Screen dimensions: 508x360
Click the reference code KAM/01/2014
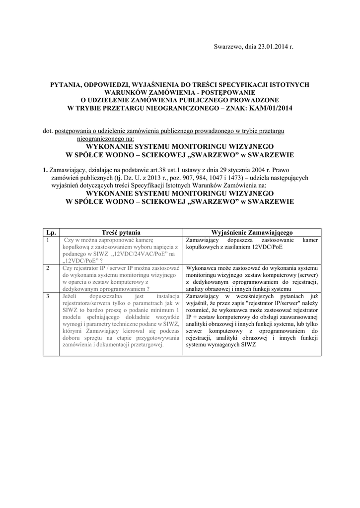pos(268,108)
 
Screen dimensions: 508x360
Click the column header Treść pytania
pos(121,232)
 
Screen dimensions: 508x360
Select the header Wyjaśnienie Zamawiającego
pos(252,232)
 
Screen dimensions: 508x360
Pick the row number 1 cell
pos(48,240)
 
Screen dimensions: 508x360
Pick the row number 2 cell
pos(48,268)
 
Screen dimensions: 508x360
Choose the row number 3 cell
pos(48,296)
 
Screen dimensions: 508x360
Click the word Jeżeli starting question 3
pos(72,296)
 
